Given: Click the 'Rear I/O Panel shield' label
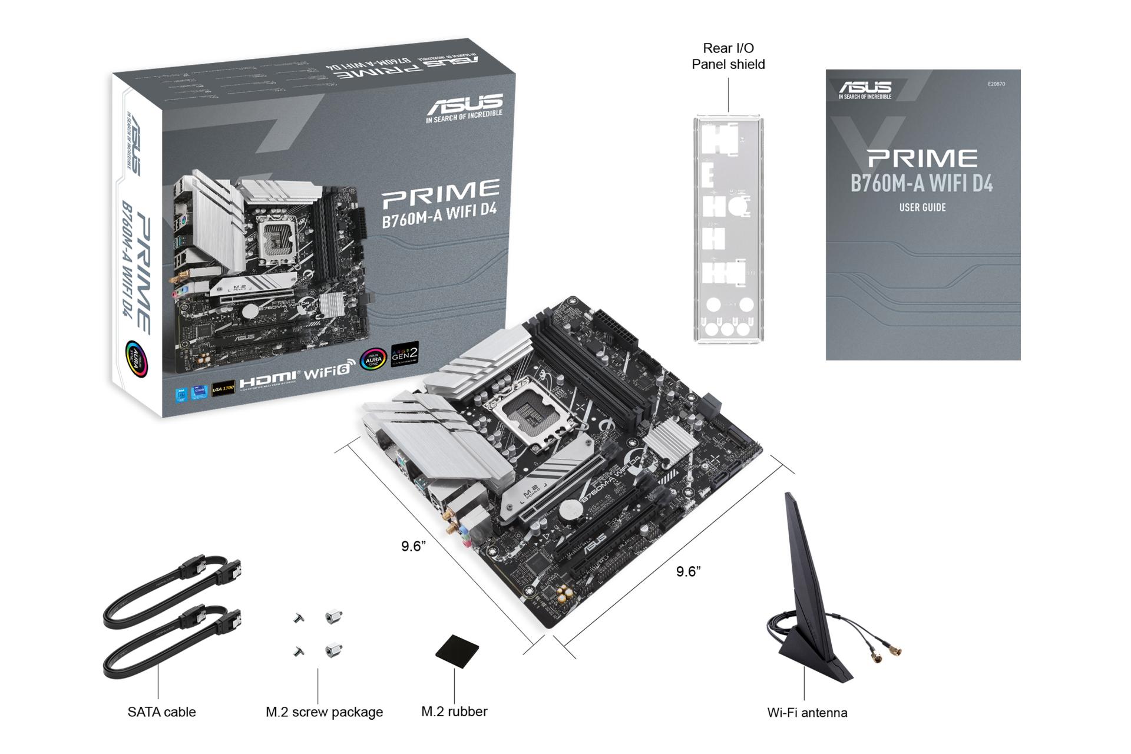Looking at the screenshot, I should click(728, 56).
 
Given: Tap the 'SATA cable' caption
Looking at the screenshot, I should click(161, 712).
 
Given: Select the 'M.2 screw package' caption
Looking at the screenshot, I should click(324, 712).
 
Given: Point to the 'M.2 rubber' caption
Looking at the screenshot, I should click(454, 711).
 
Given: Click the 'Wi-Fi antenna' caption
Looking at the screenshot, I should click(807, 712).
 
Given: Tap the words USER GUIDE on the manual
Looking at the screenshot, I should click(922, 207).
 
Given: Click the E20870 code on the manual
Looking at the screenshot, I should click(996, 84).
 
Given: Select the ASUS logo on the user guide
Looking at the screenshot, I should click(865, 89).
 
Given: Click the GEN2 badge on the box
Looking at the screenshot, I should click(405, 354).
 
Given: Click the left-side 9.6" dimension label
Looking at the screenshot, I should click(414, 546).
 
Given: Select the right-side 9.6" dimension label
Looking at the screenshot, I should click(688, 571).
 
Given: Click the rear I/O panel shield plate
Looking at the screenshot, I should click(728, 230).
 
